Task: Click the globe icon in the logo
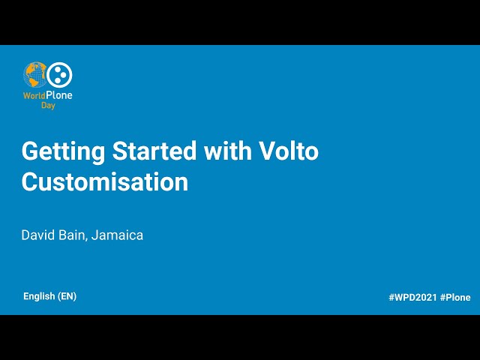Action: pos(36,76)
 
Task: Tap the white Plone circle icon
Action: pos(59,74)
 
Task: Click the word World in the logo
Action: pos(34,95)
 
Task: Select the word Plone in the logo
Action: pos(59,95)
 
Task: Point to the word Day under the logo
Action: pos(48,106)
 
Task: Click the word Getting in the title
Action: pos(62,151)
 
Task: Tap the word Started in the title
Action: pos(155,151)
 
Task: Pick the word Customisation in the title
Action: pos(105,181)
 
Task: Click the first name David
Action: pos(39,235)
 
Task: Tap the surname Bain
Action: pos(75,235)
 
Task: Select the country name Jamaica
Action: pos(118,235)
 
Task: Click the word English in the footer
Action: pos(39,296)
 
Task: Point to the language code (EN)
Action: pos(67,296)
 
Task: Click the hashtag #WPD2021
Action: pos(412,298)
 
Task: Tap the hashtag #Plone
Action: pos(455,298)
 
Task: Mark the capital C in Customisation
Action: pos(29,181)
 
